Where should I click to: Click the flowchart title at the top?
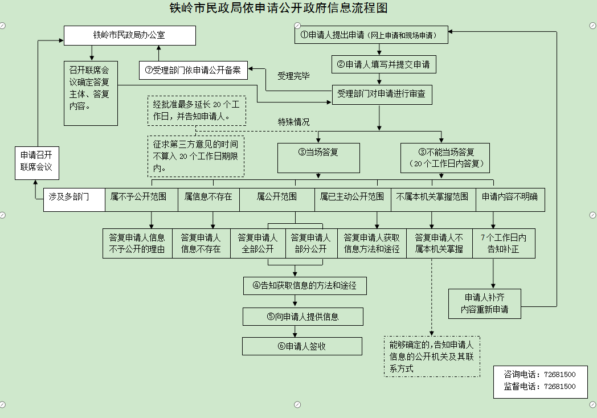click(x=279, y=9)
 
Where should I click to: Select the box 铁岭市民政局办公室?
click(x=129, y=35)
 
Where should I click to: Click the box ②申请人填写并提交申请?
click(x=384, y=65)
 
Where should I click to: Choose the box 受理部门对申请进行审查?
click(x=381, y=94)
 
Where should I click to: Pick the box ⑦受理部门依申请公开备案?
click(x=193, y=71)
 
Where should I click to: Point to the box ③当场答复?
click(x=318, y=157)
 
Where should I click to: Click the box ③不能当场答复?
click(x=445, y=158)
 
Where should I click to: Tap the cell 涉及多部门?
click(x=74, y=199)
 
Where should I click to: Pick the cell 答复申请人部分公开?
click(x=311, y=244)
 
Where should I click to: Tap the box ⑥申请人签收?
click(x=302, y=346)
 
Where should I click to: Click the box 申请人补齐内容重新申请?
click(x=485, y=304)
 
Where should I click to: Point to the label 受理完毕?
click(x=293, y=76)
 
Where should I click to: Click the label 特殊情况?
click(x=293, y=122)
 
